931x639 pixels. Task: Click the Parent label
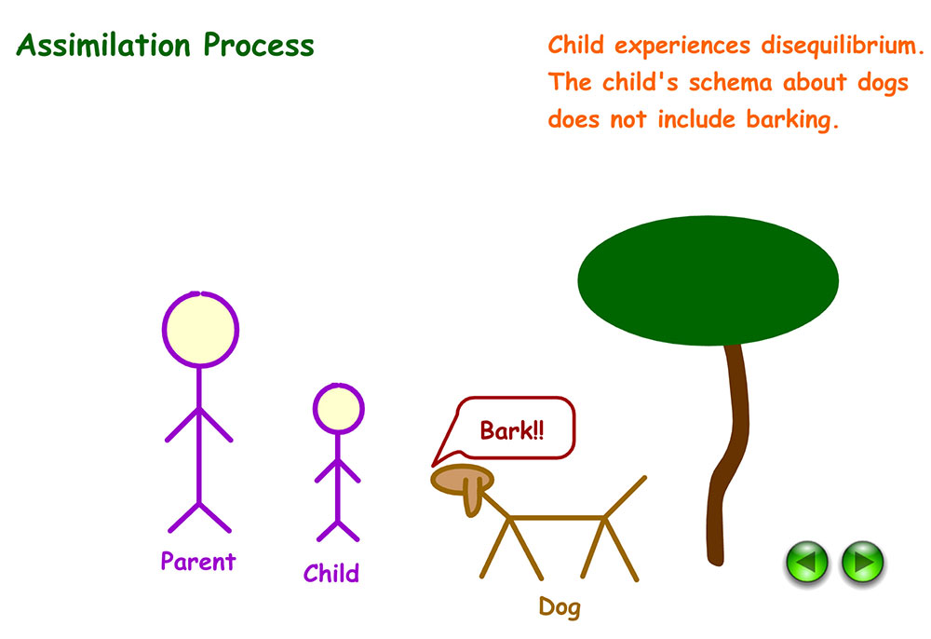(x=197, y=562)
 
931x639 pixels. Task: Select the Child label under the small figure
(x=331, y=573)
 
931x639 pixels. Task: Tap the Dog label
(x=559, y=608)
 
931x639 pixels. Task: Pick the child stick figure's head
(x=338, y=408)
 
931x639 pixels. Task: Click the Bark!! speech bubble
(x=512, y=429)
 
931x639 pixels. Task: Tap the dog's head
(x=456, y=478)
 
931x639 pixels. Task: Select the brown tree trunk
(x=728, y=447)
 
